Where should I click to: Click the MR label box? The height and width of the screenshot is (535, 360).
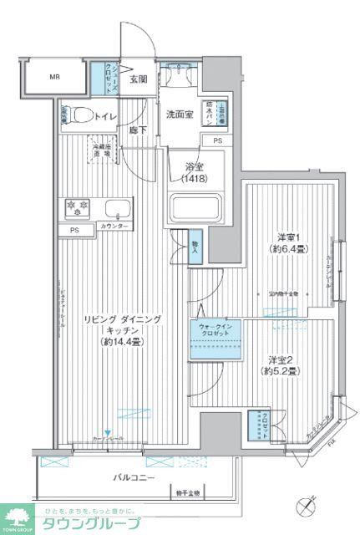pos(53,79)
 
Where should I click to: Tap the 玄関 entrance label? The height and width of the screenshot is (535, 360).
pos(139,80)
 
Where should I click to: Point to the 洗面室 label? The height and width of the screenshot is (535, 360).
pos(178,114)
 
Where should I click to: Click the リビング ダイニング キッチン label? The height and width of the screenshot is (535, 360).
pos(127,331)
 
